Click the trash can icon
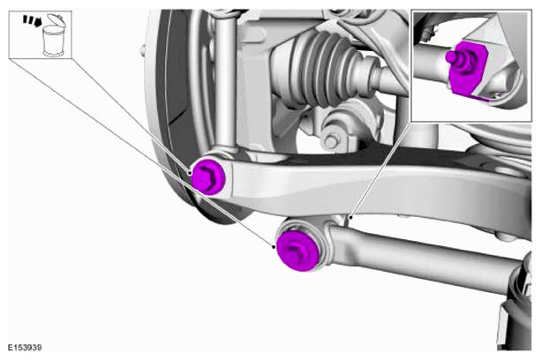pos(53,34)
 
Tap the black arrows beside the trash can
pos(32,20)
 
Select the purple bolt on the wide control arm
pos(208,176)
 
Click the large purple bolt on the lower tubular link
pos(297,251)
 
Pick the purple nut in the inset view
pos(467,68)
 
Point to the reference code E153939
pos(25,348)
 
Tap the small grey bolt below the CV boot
pos(331,142)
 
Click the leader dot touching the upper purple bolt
pos(190,172)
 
